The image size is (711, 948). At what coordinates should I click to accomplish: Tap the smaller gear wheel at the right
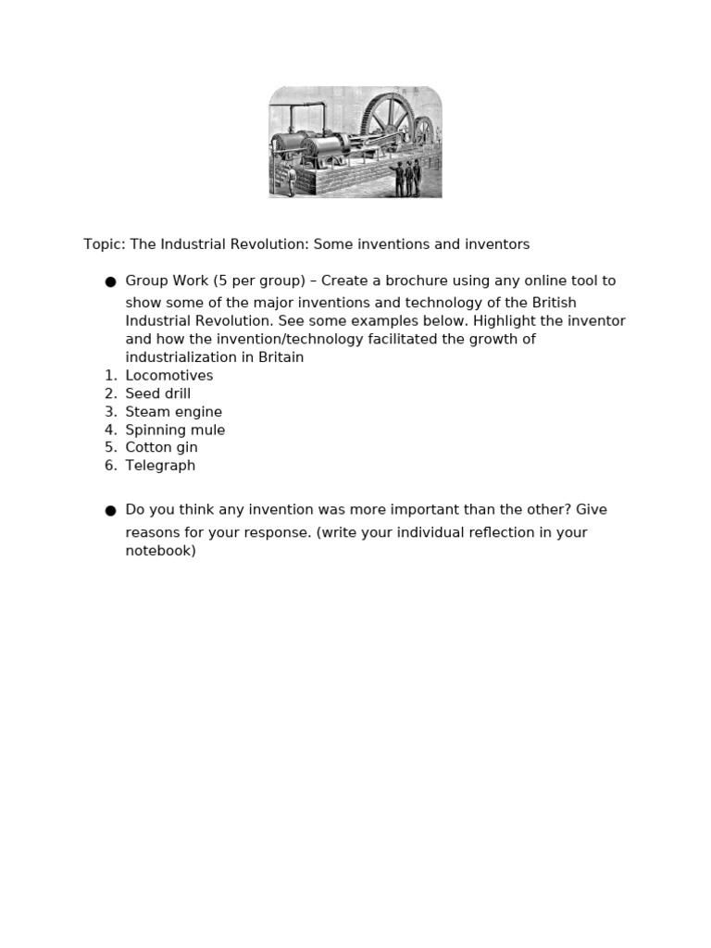pos(423,134)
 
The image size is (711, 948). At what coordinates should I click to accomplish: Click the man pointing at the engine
pos(400,177)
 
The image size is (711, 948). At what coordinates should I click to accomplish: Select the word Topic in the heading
pos(103,244)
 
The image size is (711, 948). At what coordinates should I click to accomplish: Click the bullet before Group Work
pos(110,281)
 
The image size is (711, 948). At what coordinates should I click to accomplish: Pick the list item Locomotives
pos(169,376)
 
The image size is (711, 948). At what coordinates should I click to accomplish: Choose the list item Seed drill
pos(158,393)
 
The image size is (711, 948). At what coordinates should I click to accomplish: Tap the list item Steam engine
pos(174,412)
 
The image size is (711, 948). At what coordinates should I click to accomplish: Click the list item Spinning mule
pos(175,430)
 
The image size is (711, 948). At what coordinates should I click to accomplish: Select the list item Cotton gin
pos(162,447)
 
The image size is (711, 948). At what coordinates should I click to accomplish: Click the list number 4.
pos(109,430)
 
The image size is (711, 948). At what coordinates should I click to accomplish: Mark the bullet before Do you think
pos(110,510)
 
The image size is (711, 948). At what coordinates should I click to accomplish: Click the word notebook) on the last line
pos(161,550)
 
